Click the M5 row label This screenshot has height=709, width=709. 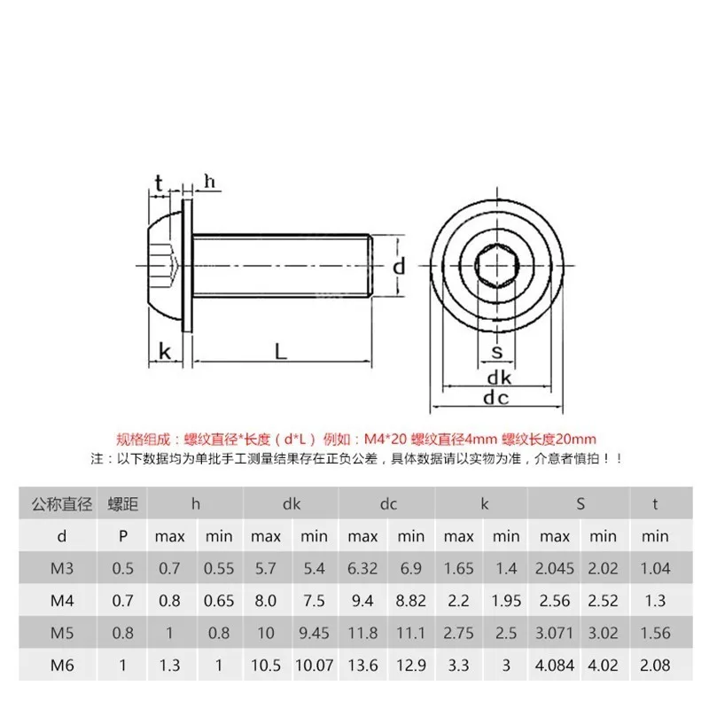point(61,634)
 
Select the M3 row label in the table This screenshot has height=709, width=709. point(61,568)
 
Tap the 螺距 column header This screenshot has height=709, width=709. point(122,504)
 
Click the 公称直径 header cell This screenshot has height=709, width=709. point(61,504)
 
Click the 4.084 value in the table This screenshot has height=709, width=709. point(555,666)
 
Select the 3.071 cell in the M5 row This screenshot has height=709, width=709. point(555,634)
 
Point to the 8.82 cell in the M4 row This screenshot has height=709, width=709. point(410,601)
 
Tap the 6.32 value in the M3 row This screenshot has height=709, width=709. point(362,568)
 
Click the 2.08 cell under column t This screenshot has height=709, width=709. point(655,666)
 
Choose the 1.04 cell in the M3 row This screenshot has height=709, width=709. point(655,568)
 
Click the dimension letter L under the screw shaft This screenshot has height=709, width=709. point(281,351)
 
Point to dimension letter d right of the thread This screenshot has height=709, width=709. point(399,266)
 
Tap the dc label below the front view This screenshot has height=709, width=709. point(496,398)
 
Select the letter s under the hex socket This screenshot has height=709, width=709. point(497,352)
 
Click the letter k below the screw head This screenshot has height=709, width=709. point(164,351)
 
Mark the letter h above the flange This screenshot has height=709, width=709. point(210,182)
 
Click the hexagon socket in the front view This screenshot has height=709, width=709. point(496,263)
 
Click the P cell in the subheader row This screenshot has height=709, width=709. point(122,536)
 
